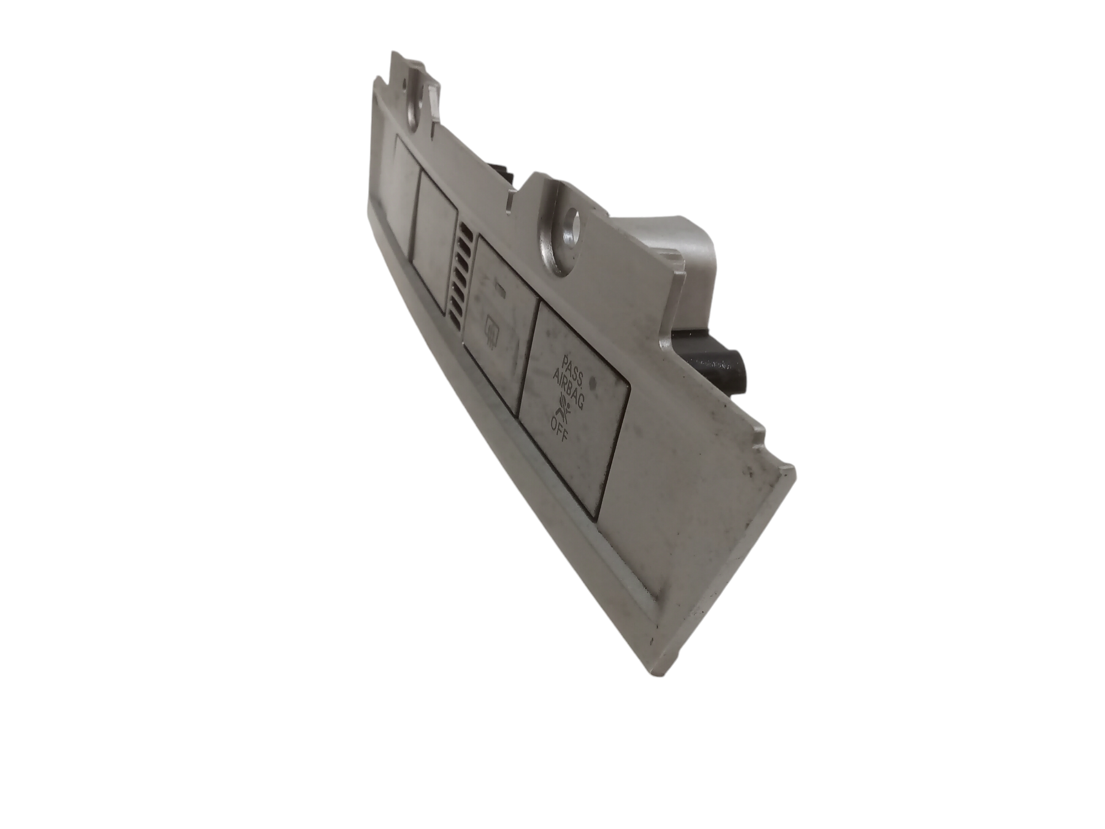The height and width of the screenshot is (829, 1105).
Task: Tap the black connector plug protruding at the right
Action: point(718,365)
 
